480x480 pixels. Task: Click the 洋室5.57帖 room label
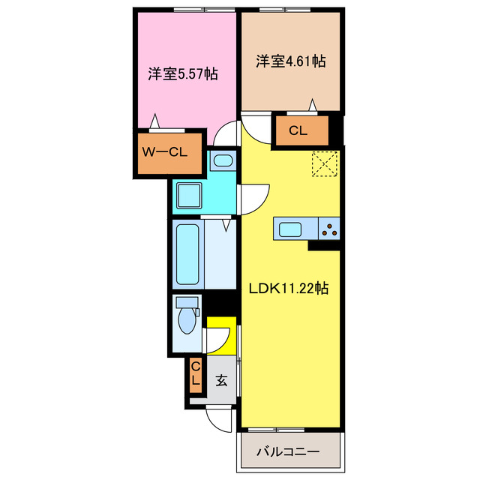(x=182, y=74)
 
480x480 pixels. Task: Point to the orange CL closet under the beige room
(x=298, y=130)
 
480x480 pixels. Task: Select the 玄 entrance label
(x=222, y=379)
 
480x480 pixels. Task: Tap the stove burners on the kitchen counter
(x=329, y=228)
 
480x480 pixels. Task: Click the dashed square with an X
(x=325, y=164)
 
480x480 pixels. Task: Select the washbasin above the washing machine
(x=222, y=160)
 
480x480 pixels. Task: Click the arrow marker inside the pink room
(x=154, y=119)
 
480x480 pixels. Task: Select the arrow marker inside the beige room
(x=313, y=104)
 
